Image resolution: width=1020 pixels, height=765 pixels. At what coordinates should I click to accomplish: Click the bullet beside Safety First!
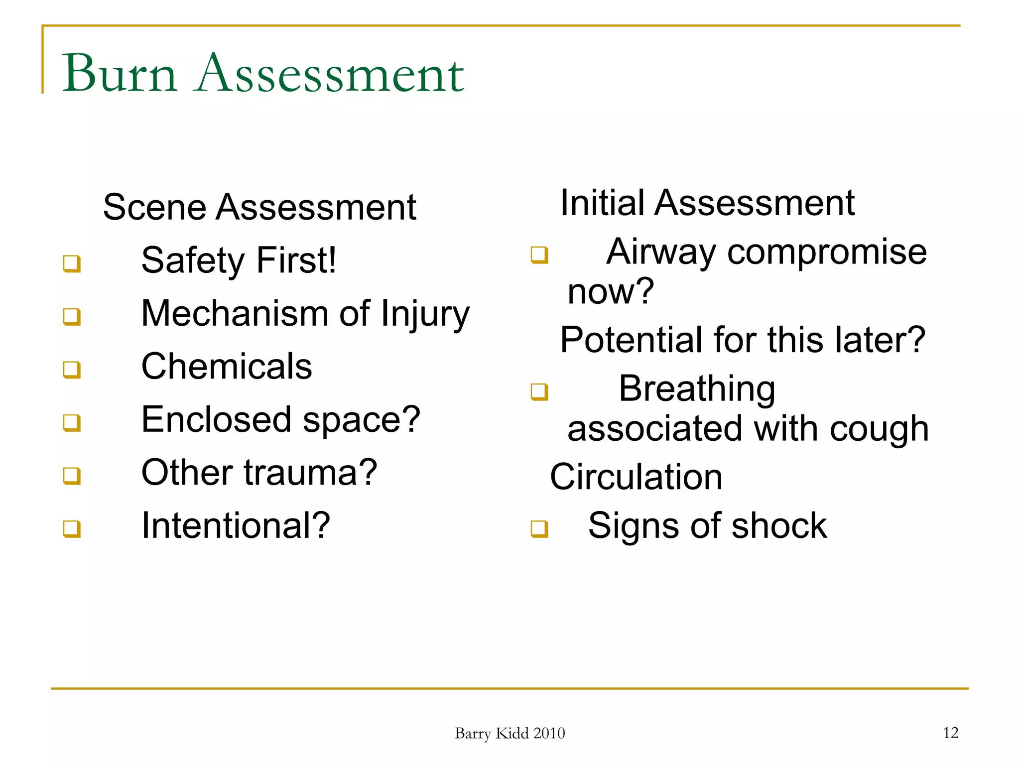point(72,263)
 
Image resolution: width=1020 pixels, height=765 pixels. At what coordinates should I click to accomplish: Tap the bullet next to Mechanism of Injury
point(72,316)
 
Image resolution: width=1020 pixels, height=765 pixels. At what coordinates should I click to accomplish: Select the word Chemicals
point(227,367)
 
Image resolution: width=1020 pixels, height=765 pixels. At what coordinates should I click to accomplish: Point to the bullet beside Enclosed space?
point(72,423)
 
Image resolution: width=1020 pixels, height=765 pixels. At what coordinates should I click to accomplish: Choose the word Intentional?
point(236,525)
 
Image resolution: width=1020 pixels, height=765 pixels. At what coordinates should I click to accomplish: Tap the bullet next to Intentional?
point(72,528)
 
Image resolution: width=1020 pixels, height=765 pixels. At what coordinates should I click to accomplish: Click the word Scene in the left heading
point(154,207)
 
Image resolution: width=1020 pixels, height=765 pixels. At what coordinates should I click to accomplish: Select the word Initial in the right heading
point(602,203)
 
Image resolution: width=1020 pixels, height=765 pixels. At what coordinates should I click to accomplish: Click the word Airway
point(661,252)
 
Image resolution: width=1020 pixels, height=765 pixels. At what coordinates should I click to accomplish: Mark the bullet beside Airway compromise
point(539,255)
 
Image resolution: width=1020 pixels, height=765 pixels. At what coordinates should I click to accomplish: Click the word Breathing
point(697,388)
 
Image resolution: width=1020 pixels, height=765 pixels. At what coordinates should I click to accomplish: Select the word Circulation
point(636,477)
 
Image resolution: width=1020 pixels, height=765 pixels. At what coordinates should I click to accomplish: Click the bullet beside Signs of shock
point(539,528)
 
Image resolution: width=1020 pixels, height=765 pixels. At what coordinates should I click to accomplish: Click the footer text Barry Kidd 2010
point(510,733)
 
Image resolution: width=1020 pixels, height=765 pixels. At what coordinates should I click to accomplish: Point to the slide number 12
point(951,733)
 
